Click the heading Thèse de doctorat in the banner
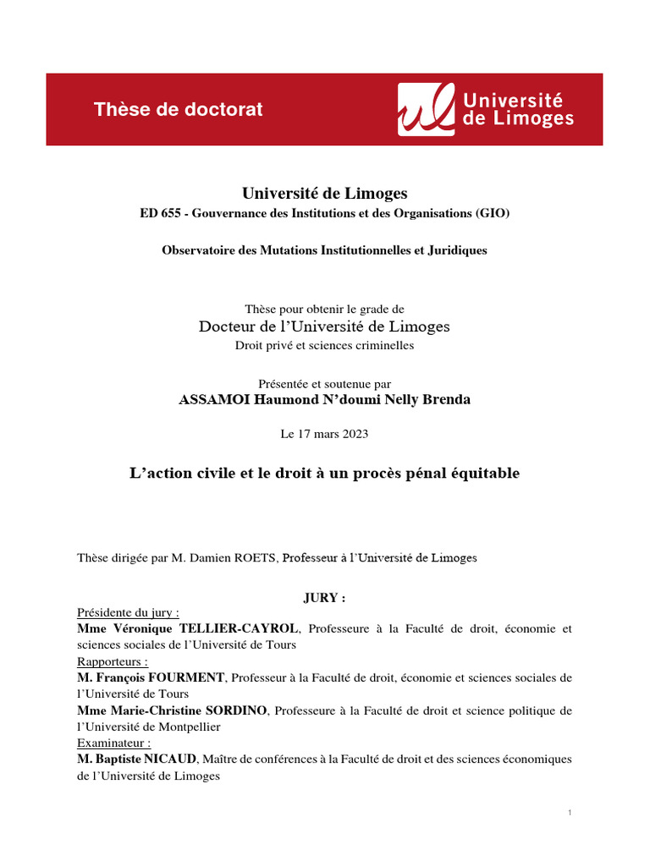coord(178,109)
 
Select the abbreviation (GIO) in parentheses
coord(494,214)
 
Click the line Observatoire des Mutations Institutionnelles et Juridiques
coord(324,250)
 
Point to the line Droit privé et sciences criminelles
coord(324,345)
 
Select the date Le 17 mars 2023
coord(324,434)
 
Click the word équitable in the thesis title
coord(481,474)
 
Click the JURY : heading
coord(324,598)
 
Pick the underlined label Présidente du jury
coord(128,613)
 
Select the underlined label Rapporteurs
coord(113,661)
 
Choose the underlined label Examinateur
coord(114,743)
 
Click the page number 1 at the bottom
coord(570,813)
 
